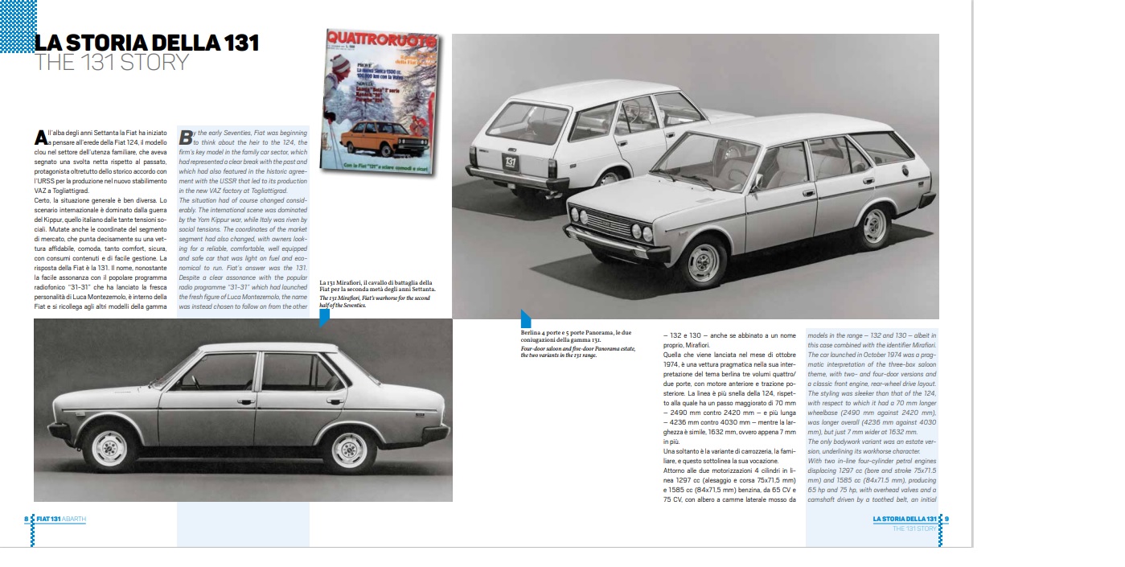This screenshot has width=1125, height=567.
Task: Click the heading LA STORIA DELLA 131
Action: coord(146,43)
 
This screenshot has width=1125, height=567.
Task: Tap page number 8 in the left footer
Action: coord(27,519)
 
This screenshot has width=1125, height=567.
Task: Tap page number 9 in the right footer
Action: coord(946,519)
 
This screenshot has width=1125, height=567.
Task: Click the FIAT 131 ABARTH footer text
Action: coord(61,519)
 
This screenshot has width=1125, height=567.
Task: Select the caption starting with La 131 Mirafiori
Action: coord(376,294)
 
